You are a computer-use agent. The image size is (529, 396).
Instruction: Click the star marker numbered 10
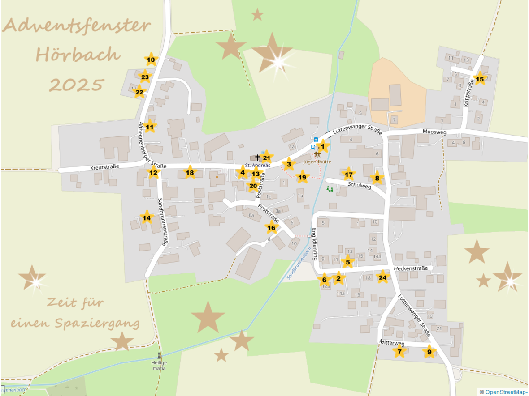click(151, 60)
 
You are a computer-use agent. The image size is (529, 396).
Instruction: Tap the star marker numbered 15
click(480, 79)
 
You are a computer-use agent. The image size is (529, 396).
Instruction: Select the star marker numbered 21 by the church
click(267, 158)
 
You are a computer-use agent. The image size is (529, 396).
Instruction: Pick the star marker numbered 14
click(146, 218)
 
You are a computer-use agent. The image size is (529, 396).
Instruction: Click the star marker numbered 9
click(429, 352)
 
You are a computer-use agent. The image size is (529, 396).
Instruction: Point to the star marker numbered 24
click(382, 277)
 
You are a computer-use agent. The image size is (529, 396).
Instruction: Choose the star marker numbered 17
click(348, 175)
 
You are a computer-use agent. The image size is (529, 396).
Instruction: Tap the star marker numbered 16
click(271, 228)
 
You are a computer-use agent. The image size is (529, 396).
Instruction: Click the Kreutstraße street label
click(104, 167)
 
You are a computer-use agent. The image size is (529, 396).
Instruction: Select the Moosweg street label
click(435, 132)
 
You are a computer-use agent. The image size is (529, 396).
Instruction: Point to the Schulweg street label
click(360, 186)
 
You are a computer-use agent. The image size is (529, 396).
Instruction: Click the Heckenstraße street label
click(411, 268)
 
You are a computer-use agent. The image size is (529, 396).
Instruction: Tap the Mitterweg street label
click(392, 343)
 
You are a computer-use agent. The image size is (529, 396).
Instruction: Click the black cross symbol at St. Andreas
click(257, 158)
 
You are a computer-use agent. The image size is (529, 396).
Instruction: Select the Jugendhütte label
click(317, 162)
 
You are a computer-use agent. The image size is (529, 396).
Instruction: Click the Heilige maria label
click(159, 365)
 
